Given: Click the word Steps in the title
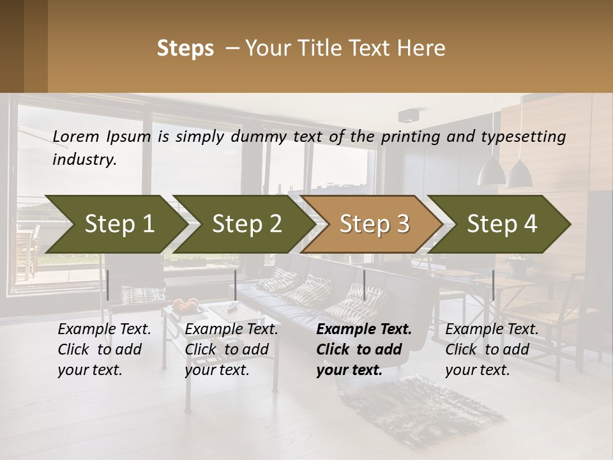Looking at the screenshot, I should (x=185, y=49).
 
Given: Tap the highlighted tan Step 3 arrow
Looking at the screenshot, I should (x=374, y=224).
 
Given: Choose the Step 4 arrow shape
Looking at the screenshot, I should (x=502, y=224).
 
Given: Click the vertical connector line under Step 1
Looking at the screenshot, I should (x=108, y=285).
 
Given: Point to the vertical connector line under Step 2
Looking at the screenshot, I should (x=236, y=285).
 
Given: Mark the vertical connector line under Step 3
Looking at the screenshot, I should (x=364, y=285).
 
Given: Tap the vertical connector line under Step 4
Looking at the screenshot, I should (x=493, y=285).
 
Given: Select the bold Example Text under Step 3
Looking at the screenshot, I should (x=364, y=349).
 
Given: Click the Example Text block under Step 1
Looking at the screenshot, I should (x=104, y=349).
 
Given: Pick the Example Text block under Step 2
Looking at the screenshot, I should (x=231, y=349).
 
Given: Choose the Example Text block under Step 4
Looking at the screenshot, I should (x=492, y=349).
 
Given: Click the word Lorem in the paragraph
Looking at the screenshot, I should (x=76, y=136).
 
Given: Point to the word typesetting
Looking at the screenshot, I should (x=520, y=137).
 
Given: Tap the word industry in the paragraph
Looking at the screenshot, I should (x=84, y=160).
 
